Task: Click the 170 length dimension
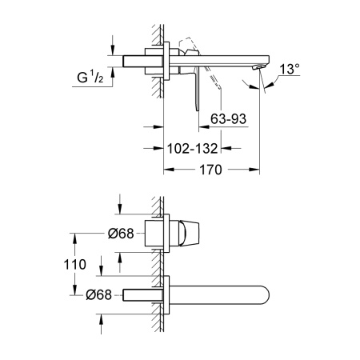pyautogui.click(x=211, y=170)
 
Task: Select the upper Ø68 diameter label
pyautogui.click(x=98, y=234)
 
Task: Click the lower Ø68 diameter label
pyautogui.click(x=98, y=294)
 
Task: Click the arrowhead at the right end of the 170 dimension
pyautogui.click(x=257, y=170)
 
